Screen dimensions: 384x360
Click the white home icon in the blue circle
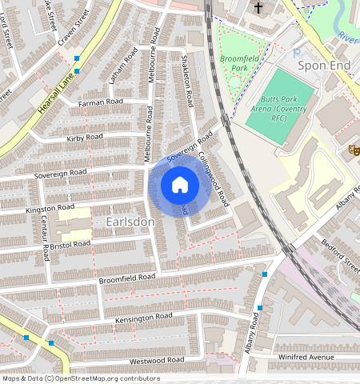tap(180, 186)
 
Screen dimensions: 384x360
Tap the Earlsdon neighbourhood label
tap(130, 220)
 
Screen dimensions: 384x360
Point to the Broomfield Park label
tap(240, 63)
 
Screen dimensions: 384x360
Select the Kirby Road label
tap(85, 138)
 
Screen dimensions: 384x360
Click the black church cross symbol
tap(258, 8)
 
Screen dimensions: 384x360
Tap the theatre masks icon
tap(353, 149)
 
